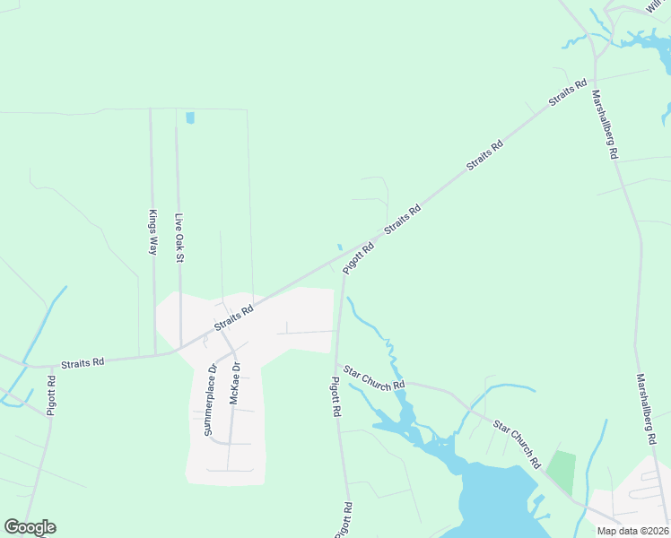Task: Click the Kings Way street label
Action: coord(152,233)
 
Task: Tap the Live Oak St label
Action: coord(179,238)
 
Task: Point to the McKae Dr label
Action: coord(235,384)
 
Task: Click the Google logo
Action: coord(30,527)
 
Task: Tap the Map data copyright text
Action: coord(632,530)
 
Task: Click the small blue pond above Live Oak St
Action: coord(189,117)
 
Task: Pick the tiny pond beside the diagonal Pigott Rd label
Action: coord(340,247)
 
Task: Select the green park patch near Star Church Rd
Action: coord(562,472)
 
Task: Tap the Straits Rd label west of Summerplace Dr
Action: coord(83,362)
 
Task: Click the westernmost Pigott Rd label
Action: coord(52,395)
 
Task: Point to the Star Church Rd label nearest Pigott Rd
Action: coord(373,377)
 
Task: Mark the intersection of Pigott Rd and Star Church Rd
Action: coord(339,366)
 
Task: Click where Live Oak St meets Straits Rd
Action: coord(181,347)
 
